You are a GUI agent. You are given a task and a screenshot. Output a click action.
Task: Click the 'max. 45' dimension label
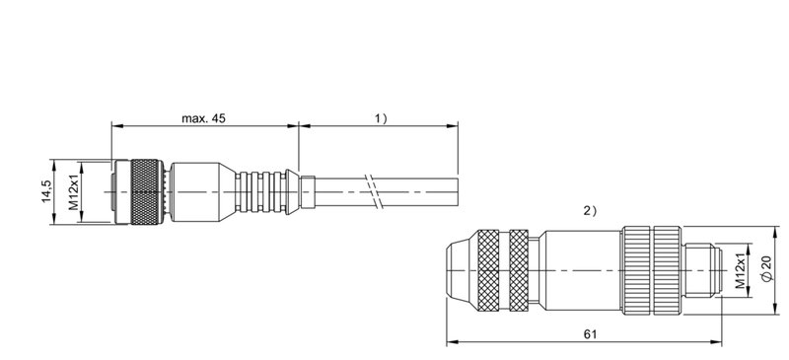203,118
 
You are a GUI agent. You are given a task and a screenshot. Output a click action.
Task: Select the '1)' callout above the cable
380,118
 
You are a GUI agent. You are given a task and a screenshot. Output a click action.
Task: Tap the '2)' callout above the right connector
591,211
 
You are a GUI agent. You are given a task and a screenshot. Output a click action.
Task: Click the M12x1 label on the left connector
72,192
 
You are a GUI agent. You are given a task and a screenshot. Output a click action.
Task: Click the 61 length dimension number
590,334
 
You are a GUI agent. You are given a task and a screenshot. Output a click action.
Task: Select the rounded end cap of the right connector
460,268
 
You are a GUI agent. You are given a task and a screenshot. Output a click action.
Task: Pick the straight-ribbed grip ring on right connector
650,268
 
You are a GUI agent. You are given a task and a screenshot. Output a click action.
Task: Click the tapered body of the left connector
202,191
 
